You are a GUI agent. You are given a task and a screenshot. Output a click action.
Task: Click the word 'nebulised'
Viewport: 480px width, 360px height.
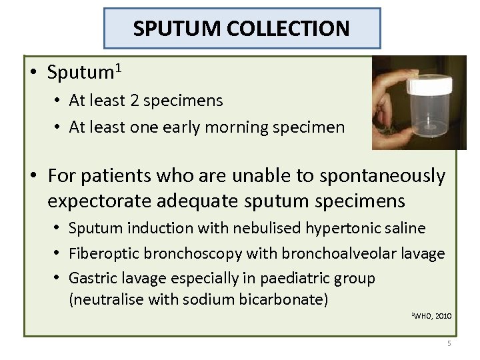pyautogui.click(x=267, y=228)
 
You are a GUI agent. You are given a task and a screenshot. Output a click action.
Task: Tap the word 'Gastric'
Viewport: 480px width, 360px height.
pyautogui.click(x=91, y=278)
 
